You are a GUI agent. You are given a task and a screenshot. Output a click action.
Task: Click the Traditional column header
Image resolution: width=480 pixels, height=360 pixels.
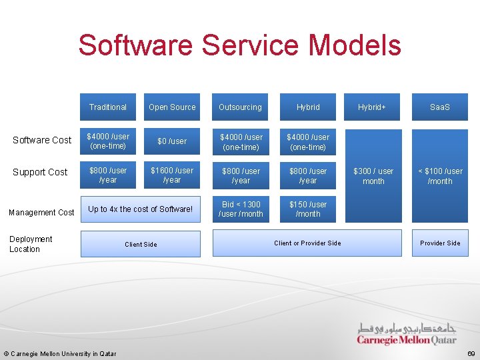[x=108, y=107]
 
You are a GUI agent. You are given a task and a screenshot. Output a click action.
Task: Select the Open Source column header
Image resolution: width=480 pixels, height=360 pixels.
[x=172, y=107]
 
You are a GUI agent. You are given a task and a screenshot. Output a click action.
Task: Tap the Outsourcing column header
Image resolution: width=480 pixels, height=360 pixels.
[x=240, y=107]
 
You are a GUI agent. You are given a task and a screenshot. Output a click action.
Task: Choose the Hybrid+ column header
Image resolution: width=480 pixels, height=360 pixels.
[x=373, y=107]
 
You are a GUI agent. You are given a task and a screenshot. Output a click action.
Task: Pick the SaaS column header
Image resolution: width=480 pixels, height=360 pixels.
[x=439, y=107]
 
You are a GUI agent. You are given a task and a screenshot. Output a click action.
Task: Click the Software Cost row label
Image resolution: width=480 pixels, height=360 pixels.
[x=42, y=140]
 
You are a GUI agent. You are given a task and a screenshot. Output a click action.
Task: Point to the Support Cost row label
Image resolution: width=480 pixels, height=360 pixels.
[x=40, y=172]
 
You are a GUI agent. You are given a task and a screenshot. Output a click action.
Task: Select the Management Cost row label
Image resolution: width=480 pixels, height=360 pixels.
[x=41, y=212]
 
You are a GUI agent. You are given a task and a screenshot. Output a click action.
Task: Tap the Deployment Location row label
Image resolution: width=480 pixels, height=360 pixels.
[x=31, y=244]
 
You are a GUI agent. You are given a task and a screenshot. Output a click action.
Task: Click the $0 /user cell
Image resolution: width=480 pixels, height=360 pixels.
[x=172, y=141]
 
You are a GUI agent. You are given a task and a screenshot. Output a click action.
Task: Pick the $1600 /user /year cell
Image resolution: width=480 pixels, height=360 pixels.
[x=172, y=175]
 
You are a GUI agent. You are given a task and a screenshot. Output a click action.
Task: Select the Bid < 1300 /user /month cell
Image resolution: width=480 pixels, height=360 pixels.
[x=241, y=209]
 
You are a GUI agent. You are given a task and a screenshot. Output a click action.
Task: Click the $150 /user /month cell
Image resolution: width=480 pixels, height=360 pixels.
[x=308, y=209]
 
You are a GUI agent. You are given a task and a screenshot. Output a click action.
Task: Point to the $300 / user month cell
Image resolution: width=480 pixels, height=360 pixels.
[x=373, y=176]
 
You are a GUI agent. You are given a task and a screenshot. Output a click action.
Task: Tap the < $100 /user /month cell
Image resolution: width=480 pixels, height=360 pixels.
[x=440, y=176]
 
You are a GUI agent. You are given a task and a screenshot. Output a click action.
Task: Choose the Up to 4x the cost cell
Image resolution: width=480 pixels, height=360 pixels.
[x=140, y=209]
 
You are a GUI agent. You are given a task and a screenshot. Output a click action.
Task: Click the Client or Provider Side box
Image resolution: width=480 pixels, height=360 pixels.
[x=307, y=243]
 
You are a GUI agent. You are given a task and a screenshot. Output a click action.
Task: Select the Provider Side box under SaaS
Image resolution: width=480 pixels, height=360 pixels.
[x=440, y=243]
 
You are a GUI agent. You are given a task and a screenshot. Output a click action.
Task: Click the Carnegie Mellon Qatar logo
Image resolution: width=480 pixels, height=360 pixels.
[x=407, y=333]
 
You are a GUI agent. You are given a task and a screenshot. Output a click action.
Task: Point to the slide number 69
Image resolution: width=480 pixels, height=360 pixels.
[x=471, y=353]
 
